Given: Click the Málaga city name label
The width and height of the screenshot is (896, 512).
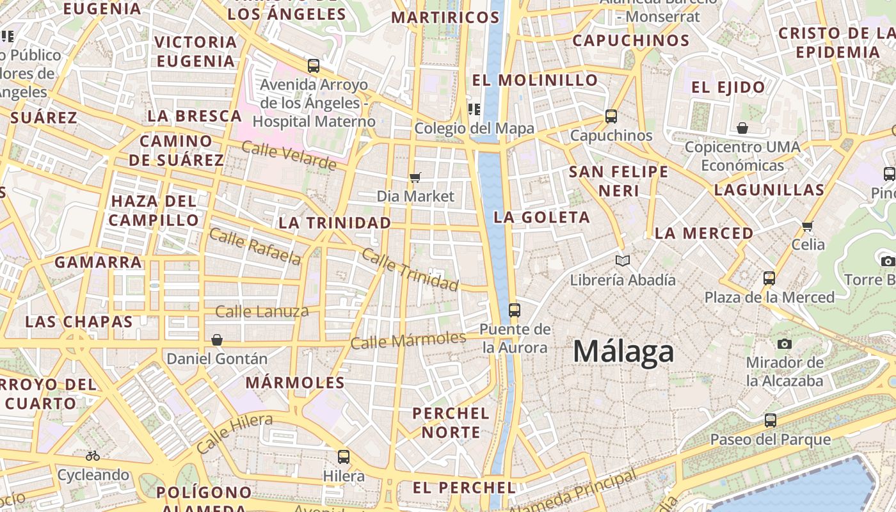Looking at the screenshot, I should [x=623, y=351].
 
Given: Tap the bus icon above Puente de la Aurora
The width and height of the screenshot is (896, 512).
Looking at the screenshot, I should [x=514, y=310].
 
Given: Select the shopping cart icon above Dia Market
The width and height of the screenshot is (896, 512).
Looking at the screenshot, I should [x=415, y=177].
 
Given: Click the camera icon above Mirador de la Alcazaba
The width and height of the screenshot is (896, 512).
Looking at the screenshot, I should [x=785, y=344].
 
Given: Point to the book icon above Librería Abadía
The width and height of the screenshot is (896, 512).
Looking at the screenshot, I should [x=622, y=260].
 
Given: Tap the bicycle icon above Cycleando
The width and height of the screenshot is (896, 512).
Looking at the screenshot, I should [x=93, y=456].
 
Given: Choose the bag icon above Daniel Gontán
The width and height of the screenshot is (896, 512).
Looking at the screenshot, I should [x=217, y=339].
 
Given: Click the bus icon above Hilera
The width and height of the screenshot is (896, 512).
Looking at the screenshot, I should [x=344, y=456].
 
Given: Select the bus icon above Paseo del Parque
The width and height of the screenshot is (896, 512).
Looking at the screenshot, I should [x=771, y=420].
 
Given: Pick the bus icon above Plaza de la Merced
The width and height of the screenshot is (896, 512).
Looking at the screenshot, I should [x=769, y=278].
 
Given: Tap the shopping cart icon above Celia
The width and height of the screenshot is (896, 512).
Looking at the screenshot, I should [x=808, y=226].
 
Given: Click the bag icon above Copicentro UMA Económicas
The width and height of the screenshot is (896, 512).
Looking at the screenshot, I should [x=742, y=128].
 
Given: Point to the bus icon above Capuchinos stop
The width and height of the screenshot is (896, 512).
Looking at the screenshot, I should [x=611, y=116].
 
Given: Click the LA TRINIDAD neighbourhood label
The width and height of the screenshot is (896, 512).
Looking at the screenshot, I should [x=335, y=223].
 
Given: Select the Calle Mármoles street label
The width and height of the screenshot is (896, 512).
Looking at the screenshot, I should [x=408, y=340].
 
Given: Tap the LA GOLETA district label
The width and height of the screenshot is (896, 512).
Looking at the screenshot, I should [x=541, y=217].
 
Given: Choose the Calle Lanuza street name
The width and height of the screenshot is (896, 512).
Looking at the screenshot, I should [x=262, y=312].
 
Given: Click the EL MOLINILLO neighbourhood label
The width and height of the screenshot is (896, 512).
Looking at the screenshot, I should [x=535, y=80].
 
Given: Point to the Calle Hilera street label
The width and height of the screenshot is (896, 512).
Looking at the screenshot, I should [x=234, y=433].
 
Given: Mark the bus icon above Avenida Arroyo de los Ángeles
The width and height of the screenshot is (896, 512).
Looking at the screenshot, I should [x=314, y=65].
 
